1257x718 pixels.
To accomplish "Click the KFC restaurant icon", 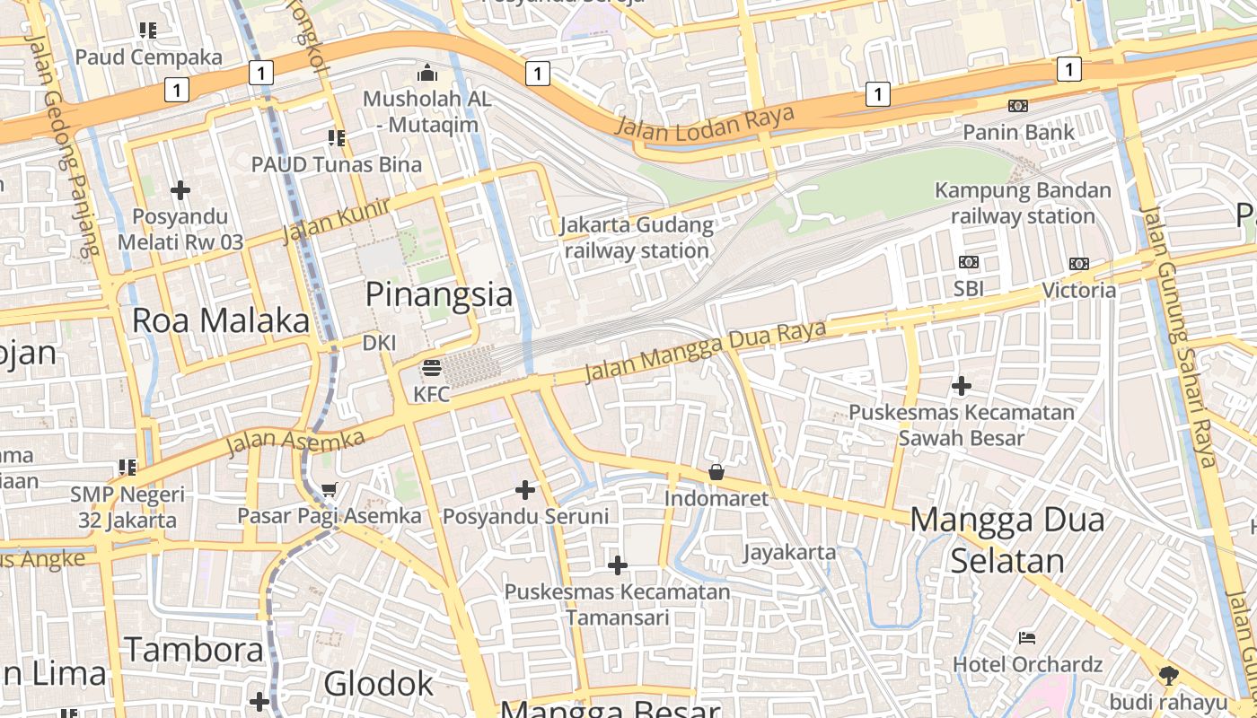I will pos(432,369).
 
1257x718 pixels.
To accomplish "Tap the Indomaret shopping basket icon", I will pos(716,472).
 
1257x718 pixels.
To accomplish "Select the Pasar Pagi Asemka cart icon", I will pos(329,490).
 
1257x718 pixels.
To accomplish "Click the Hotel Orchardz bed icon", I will pos(1027,638).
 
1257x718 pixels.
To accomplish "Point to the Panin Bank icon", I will pos(1017,106).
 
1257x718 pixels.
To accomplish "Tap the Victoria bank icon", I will pos(1078,264).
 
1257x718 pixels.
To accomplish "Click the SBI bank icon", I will pos(969,262).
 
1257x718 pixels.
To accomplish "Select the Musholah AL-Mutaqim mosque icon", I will pos(427,73).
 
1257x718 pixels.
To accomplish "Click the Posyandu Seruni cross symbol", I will pos(525,490).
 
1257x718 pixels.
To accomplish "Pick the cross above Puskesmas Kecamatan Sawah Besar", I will pos(962,387).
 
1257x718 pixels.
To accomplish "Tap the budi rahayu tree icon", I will pos(1168,675).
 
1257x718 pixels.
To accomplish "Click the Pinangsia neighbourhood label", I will pos(439,294).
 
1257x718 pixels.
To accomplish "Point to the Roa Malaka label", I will pos(221,320).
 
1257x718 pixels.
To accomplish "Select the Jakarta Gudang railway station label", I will pos(637,238).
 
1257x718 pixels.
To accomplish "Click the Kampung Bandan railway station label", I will pos(1023,203).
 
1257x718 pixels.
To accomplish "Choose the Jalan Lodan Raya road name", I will pos(705,122).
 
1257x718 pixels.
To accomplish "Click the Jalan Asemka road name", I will pos(295,442).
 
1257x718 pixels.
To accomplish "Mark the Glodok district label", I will pos(378,684).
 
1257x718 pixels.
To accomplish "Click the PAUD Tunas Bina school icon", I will pos(337,138).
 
